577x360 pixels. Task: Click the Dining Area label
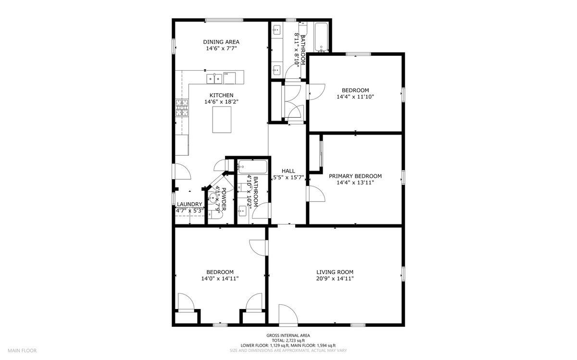click(221, 42)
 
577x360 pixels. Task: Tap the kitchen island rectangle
click(222, 119)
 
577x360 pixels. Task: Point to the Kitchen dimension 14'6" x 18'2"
click(221, 102)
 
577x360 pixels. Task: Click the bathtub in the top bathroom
click(321, 37)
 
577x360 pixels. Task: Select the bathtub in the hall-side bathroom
click(252, 167)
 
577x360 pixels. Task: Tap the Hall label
click(288, 171)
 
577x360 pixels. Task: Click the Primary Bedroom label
click(355, 176)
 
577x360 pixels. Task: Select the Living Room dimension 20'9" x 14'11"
click(335, 278)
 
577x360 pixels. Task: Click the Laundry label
click(189, 204)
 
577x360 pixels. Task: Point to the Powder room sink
click(212, 197)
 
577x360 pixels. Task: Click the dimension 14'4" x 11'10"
click(355, 97)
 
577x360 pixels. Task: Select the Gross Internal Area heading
click(288, 335)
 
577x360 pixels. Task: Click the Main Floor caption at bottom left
click(22, 350)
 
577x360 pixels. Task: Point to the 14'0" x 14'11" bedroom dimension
click(220, 278)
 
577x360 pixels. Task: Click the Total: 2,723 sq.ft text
click(288, 340)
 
